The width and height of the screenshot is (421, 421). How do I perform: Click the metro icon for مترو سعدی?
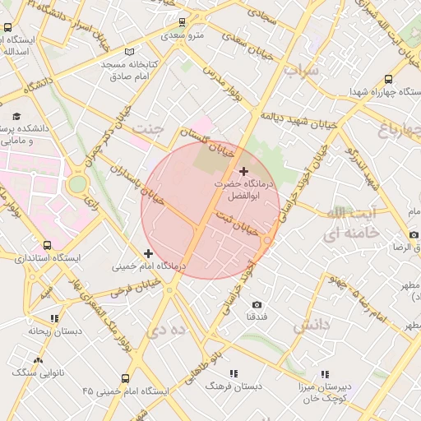[183, 22]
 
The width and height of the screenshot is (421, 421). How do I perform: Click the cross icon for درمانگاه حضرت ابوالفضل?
[243, 170]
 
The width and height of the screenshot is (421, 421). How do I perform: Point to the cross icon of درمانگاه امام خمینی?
[148, 253]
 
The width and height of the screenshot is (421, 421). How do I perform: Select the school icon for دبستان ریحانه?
[54, 318]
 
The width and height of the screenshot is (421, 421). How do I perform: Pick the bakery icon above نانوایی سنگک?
[38, 360]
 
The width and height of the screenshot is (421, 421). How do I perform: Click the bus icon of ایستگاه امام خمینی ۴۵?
[125, 379]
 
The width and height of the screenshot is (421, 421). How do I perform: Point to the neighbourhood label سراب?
[300, 71]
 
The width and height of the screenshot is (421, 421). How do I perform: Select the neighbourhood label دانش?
[310, 326]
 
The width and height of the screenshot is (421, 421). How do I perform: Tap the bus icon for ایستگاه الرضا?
[398, 247]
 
